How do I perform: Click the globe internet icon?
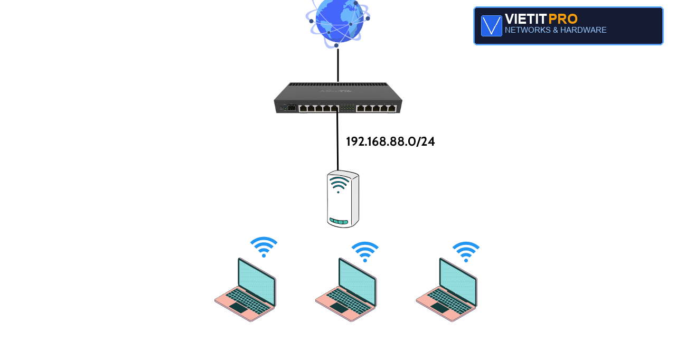[x=337, y=23]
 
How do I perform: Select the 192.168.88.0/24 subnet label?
[x=390, y=141]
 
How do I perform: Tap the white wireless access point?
[x=343, y=198]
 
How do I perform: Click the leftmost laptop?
[x=246, y=290]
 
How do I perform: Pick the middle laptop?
[x=346, y=290]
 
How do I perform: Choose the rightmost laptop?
[x=447, y=290]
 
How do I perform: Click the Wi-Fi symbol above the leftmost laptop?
[x=264, y=247]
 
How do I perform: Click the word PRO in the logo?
[x=563, y=19]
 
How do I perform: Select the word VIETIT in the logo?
[x=525, y=19]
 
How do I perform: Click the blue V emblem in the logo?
[x=491, y=26]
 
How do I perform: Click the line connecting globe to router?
[x=338, y=65]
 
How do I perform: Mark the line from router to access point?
[x=337, y=139]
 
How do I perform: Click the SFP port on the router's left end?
[x=292, y=108]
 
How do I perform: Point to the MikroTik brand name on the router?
[x=336, y=91]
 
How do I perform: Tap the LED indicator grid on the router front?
[x=348, y=108]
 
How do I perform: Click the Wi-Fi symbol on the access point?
[x=339, y=184]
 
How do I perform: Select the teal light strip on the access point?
[x=339, y=222]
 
